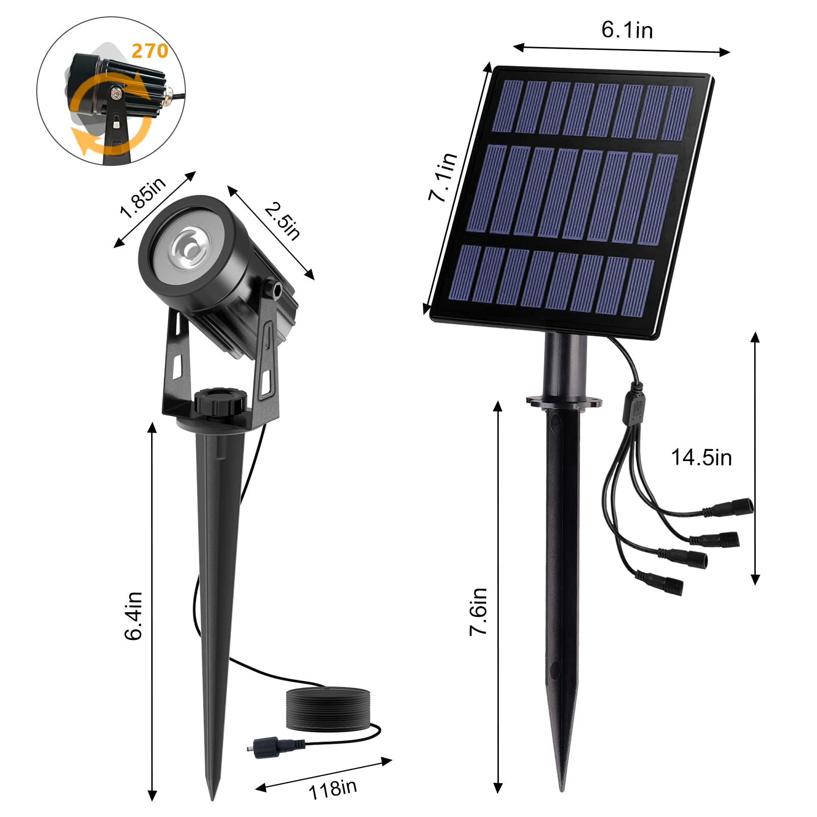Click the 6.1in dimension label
click(x=627, y=30)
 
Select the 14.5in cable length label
click(x=701, y=458)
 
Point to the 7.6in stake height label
click(x=478, y=611)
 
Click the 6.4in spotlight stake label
click(x=133, y=615)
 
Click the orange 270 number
click(x=150, y=51)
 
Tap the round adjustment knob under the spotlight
click(x=220, y=403)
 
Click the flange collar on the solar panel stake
click(x=564, y=401)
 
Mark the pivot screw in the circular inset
click(x=117, y=93)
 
